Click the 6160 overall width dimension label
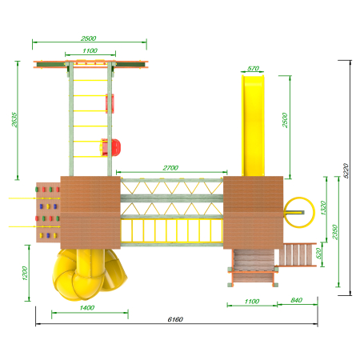pyautogui.click(x=175, y=319)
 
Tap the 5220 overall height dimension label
pyautogui.click(x=346, y=170)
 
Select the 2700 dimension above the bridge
pyautogui.click(x=170, y=168)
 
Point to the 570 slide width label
pyautogui.click(x=253, y=69)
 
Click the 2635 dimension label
pyautogui.click(x=14, y=119)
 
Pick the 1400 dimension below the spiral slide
pyautogui.click(x=87, y=308)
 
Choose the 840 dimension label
pyautogui.click(x=296, y=300)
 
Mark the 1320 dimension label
pyautogui.click(x=323, y=208)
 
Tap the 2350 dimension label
pyautogui.click(x=335, y=232)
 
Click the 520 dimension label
pyautogui.click(x=318, y=254)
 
